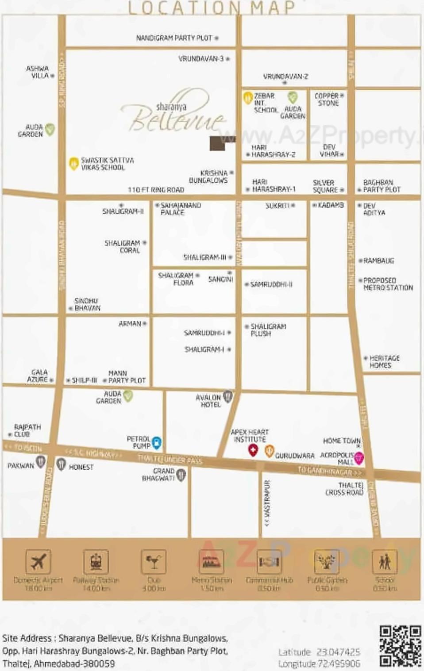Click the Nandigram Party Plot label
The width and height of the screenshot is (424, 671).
point(174,38)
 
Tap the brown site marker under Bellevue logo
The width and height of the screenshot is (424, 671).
point(218,143)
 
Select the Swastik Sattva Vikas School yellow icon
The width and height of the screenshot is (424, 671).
point(73,164)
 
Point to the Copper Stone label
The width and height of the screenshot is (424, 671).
point(328,100)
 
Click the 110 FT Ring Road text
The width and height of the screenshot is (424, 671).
point(156,190)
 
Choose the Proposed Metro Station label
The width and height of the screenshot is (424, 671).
point(387,284)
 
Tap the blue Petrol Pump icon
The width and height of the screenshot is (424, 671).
point(157,442)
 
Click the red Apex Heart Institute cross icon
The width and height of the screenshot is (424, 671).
point(253,451)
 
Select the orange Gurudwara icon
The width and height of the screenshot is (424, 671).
point(269,451)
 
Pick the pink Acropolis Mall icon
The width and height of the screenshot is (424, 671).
point(359,458)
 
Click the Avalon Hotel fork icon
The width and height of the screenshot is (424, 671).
point(227,396)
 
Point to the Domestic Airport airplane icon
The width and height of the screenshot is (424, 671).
point(38,562)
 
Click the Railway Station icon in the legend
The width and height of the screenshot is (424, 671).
point(96,562)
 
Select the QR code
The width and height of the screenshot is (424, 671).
point(400,646)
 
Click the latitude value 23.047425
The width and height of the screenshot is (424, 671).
point(338,652)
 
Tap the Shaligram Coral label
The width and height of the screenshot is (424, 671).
point(122,247)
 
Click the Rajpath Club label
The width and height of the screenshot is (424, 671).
point(27,431)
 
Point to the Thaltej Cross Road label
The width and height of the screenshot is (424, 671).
point(344,489)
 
